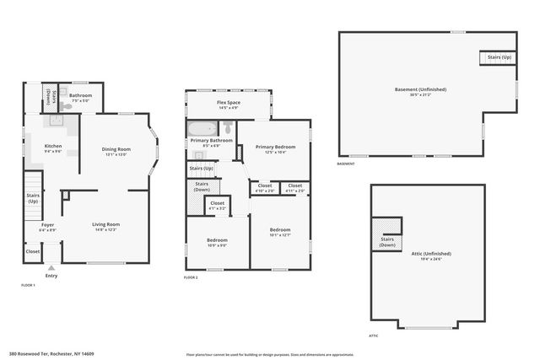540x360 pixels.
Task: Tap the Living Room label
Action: tap(106, 226)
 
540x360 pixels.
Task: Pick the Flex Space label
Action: tap(229, 105)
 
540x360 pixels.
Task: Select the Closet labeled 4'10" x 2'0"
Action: tap(265, 187)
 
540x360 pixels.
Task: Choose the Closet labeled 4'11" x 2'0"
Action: tap(294, 187)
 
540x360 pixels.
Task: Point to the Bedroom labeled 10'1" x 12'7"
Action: tap(280, 232)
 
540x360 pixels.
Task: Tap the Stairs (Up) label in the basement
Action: tap(499, 57)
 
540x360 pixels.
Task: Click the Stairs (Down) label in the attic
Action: tap(388, 240)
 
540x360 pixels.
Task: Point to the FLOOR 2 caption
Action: tap(192, 277)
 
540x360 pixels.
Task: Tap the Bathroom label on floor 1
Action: tap(81, 97)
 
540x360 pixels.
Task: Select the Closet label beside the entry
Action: tap(32, 251)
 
